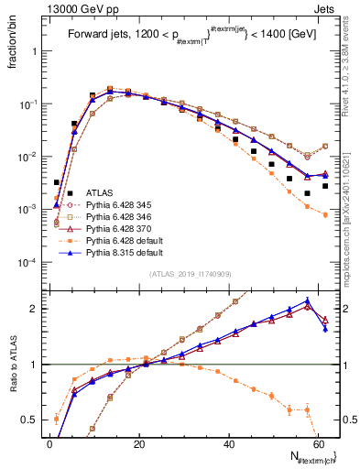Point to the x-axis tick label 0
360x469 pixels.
click(x=49, y=443)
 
